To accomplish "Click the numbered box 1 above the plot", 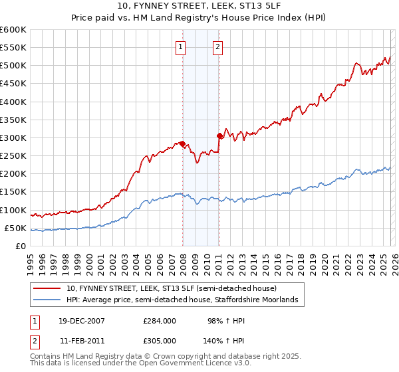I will click(x=181, y=46).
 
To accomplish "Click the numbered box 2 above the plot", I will click(x=217, y=46).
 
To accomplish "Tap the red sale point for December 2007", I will click(x=182, y=143).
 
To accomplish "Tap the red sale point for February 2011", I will click(x=219, y=136).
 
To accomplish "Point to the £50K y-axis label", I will click(x=15, y=228).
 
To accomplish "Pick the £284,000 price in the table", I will click(x=159, y=321).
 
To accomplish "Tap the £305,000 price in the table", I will click(x=159, y=340).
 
